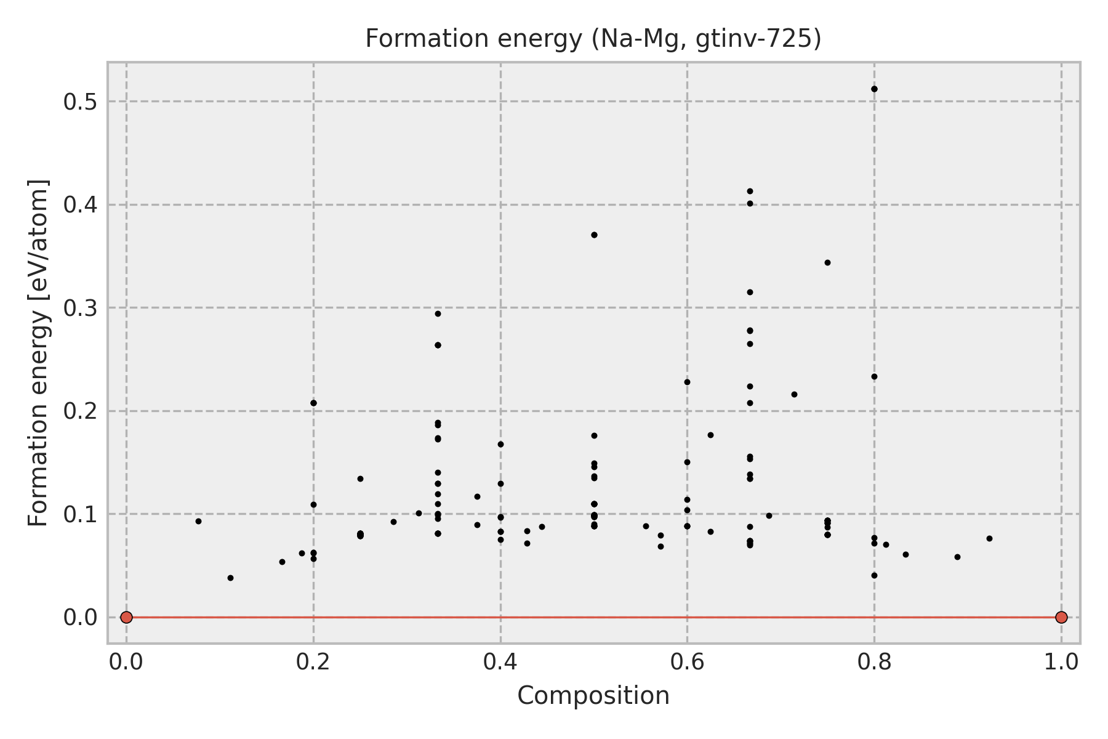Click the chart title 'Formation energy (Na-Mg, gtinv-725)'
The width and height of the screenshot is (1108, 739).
pyautogui.click(x=593, y=39)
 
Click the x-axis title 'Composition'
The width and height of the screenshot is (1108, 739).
pyautogui.click(x=593, y=696)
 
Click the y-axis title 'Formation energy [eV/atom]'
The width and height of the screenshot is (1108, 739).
pyautogui.click(x=39, y=353)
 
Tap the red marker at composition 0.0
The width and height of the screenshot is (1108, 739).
pyautogui.click(x=126, y=617)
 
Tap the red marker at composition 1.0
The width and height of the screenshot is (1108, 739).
pyautogui.click(x=1061, y=617)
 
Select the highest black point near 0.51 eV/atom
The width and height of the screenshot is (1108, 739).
pyautogui.click(x=874, y=89)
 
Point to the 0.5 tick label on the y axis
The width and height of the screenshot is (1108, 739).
pyautogui.click(x=81, y=102)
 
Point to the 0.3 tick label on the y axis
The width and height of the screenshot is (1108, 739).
pyautogui.click(x=81, y=308)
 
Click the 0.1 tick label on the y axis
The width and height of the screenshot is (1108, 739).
pyautogui.click(x=81, y=514)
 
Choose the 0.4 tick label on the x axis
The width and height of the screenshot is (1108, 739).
pyautogui.click(x=500, y=662)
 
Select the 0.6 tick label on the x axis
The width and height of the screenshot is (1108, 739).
pyautogui.click(x=687, y=662)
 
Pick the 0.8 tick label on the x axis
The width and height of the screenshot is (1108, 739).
pyautogui.click(x=874, y=662)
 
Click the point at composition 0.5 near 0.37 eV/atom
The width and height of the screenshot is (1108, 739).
pyautogui.click(x=594, y=235)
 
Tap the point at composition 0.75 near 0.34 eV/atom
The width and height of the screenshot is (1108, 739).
pyautogui.click(x=827, y=262)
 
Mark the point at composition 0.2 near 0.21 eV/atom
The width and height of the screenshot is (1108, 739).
pyautogui.click(x=313, y=403)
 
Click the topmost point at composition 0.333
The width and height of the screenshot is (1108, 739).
pyautogui.click(x=438, y=313)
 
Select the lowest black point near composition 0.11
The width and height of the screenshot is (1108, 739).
pyautogui.click(x=230, y=578)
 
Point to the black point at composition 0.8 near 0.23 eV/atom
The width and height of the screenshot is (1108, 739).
pyautogui.click(x=874, y=376)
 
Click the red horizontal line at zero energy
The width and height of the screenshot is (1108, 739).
pyautogui.click(x=593, y=617)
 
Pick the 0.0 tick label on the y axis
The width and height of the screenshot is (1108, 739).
pyautogui.click(x=81, y=617)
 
